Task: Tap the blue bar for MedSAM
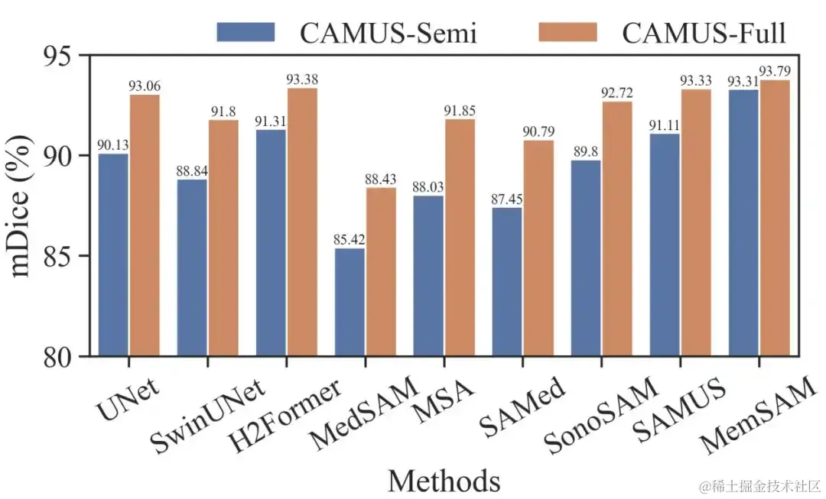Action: tap(349, 302)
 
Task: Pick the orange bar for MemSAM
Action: tap(774, 218)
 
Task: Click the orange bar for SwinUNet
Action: tap(223, 238)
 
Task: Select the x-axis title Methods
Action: tap(444, 481)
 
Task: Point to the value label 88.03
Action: tap(428, 186)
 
